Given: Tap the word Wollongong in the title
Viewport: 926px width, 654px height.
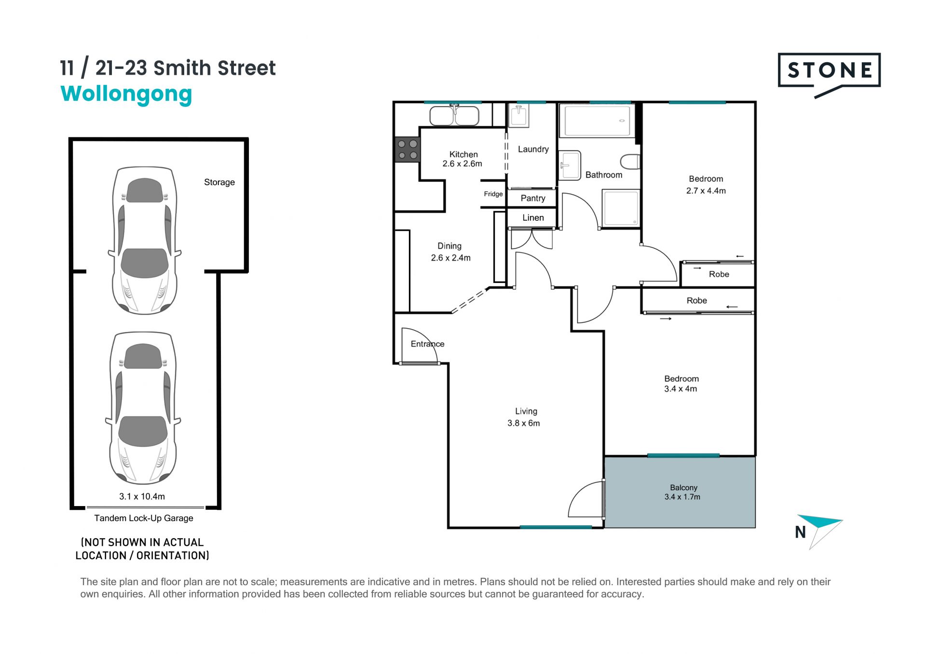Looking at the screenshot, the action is tap(126, 94).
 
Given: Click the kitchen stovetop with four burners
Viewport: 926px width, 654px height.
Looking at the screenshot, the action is tap(408, 149).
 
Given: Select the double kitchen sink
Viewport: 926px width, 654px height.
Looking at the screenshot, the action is tap(454, 115).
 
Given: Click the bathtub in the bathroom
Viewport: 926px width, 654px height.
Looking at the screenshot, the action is tap(598, 120).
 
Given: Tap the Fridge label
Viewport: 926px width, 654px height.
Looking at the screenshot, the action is tap(493, 194).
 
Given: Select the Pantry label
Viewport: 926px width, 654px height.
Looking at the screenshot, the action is tap(533, 198).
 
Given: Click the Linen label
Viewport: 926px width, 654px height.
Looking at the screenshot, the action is tap(533, 218).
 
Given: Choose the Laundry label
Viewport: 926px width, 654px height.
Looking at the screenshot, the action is tap(533, 149).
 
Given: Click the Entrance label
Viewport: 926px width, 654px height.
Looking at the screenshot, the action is tap(428, 344).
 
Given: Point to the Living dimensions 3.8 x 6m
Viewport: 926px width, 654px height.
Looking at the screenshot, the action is tap(524, 423).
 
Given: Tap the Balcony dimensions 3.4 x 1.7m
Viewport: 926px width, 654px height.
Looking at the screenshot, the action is tap(682, 497).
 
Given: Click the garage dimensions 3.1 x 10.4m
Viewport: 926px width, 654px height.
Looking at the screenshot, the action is tap(142, 496).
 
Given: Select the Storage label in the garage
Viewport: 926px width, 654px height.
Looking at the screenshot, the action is tap(219, 182).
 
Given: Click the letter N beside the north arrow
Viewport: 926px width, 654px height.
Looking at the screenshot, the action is tap(801, 532).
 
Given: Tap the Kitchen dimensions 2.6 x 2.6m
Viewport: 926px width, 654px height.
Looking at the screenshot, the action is tap(463, 164).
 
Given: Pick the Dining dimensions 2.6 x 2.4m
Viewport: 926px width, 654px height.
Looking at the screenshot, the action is tap(451, 258).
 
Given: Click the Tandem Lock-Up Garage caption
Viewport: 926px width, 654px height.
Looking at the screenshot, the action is tap(144, 518).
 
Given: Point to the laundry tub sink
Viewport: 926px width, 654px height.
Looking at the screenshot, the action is tap(519, 115).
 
